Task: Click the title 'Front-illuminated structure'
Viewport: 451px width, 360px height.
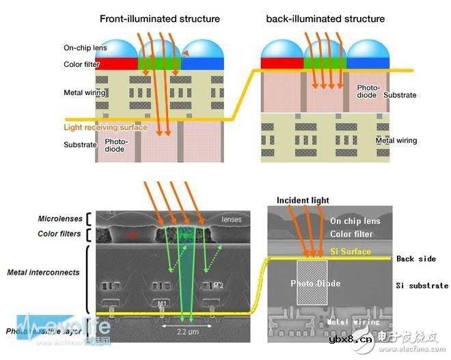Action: (x=160, y=18)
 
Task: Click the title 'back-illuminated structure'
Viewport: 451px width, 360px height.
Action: (x=325, y=18)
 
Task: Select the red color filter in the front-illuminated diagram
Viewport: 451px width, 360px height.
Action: (x=118, y=64)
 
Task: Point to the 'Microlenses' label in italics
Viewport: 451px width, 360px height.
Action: (x=59, y=219)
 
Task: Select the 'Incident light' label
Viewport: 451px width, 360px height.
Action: (x=303, y=200)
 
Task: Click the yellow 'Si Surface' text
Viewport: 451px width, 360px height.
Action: (x=351, y=251)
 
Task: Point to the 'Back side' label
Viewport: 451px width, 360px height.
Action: (x=414, y=259)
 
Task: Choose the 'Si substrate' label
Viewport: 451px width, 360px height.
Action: (x=422, y=286)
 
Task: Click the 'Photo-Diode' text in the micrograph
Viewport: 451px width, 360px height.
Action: (x=316, y=283)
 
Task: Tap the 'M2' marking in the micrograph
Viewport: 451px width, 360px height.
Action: (x=217, y=286)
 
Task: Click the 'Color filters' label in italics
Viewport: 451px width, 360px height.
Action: (x=59, y=234)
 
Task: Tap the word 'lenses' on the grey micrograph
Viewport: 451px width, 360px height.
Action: (x=231, y=219)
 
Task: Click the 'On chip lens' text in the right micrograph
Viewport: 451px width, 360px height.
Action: (x=356, y=221)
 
